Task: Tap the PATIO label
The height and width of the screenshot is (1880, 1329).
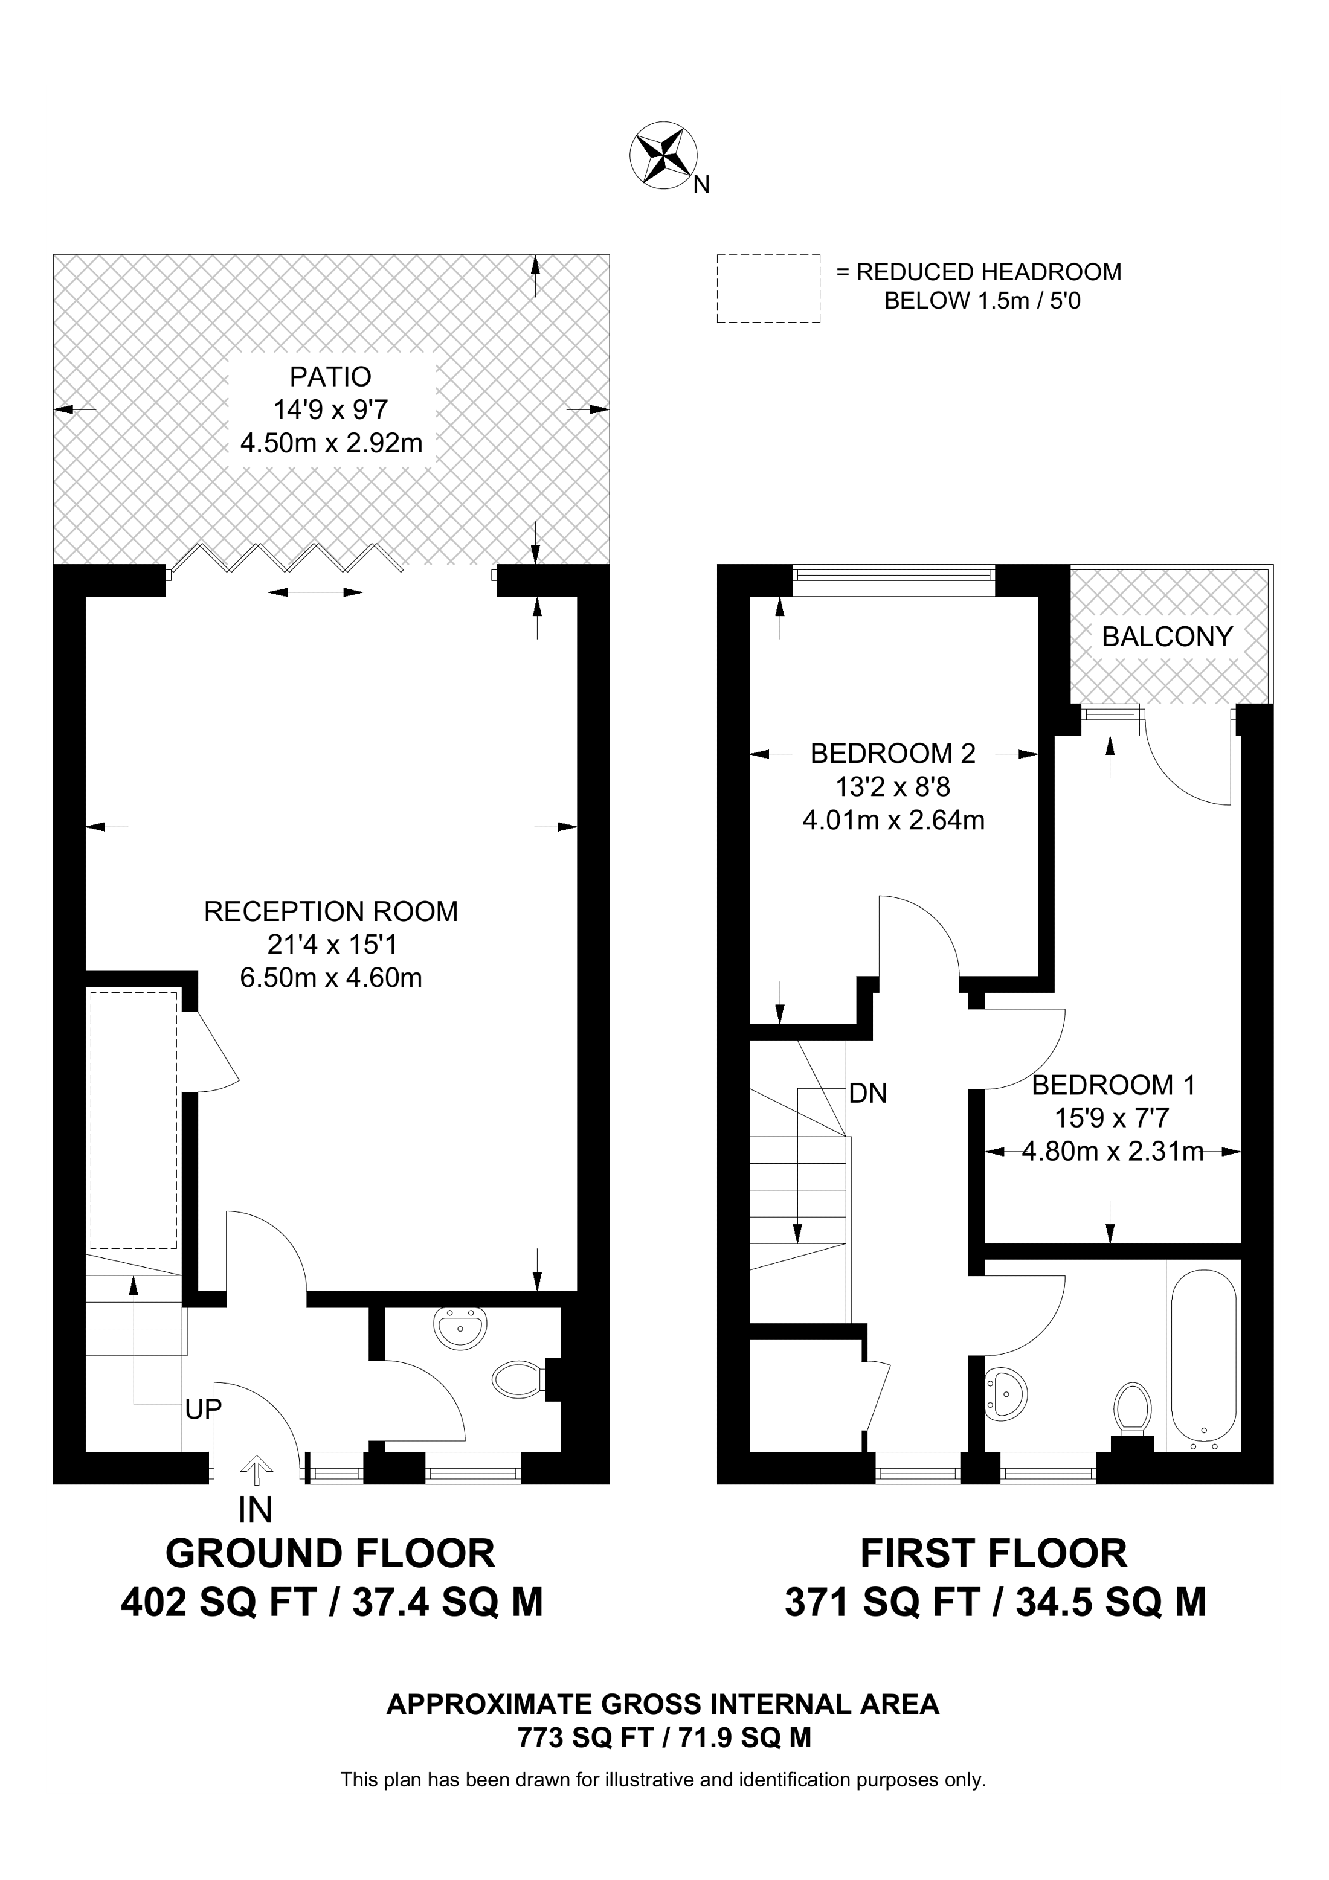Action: click(331, 377)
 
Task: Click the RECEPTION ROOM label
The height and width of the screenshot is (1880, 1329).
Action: click(331, 911)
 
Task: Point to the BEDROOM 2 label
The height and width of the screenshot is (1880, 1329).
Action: click(893, 752)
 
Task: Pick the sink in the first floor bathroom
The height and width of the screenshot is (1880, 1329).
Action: click(1006, 1394)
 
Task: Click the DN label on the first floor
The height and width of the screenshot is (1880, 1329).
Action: click(868, 1093)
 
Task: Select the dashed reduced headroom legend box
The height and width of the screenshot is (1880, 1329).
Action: click(768, 288)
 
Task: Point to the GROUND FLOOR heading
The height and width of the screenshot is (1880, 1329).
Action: click(331, 1553)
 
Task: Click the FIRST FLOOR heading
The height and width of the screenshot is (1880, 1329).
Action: click(994, 1553)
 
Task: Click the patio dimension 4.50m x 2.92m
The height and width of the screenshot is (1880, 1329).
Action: click(331, 443)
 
